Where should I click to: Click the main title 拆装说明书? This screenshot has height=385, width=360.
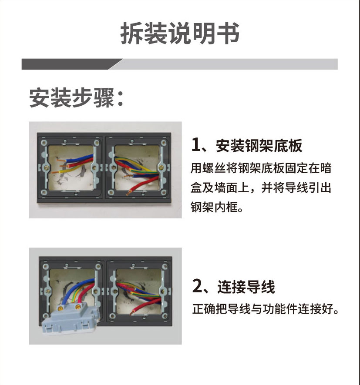(180, 33)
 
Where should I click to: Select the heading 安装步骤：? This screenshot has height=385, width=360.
(76, 98)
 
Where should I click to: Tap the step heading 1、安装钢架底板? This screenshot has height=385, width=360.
(247, 146)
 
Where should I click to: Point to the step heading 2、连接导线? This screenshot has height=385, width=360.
(233, 286)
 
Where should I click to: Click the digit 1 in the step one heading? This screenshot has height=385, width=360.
(196, 145)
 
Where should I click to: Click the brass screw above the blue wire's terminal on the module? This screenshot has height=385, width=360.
(60, 308)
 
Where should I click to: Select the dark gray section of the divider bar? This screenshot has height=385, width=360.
(71, 64)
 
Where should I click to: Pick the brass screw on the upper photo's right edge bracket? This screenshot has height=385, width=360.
(161, 168)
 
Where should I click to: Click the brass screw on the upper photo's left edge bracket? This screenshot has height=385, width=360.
(47, 168)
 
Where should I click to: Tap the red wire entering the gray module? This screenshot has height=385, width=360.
(85, 293)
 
